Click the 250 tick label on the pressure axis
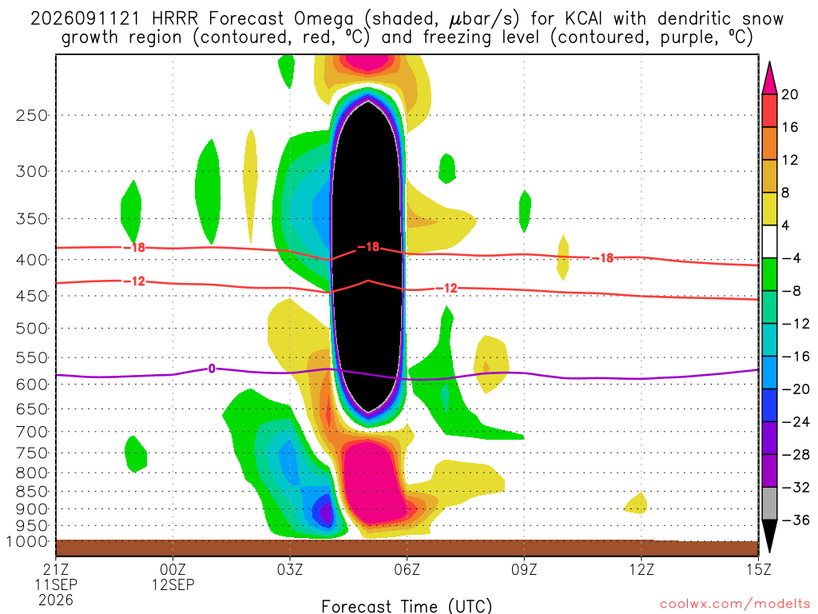(x=32, y=115)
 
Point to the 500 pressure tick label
(x=32, y=329)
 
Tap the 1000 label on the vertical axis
(x=27, y=541)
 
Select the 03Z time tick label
(x=289, y=569)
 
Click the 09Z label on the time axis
(x=524, y=569)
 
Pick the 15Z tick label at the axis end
(x=758, y=569)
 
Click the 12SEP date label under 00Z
(x=173, y=584)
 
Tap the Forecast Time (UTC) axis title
(x=407, y=606)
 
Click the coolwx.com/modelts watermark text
(x=735, y=604)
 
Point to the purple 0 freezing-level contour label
(x=211, y=369)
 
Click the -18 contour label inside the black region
(x=368, y=246)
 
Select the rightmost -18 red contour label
(x=602, y=258)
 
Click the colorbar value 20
(x=789, y=94)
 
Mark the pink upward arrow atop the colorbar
(x=769, y=78)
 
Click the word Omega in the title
(x=324, y=20)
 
